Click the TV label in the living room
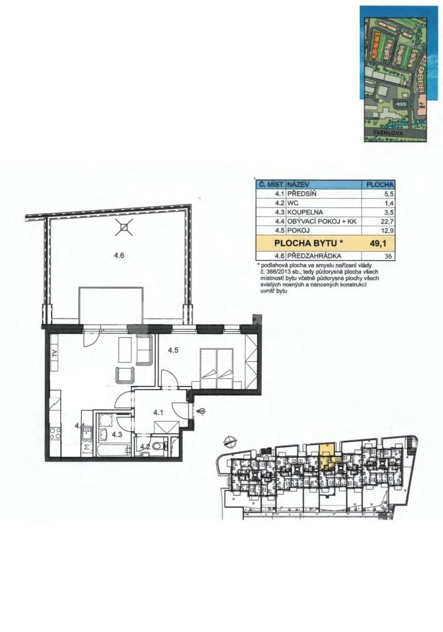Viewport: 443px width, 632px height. pos(54,353)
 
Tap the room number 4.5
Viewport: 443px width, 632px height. pos(174,350)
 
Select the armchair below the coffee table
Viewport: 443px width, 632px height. pos(125,376)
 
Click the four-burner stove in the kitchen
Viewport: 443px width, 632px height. pos(55,435)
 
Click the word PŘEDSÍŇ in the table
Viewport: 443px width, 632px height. pos(303,194)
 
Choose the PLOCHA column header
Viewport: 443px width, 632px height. pos(380,185)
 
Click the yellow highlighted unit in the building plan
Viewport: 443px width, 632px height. pos(327,453)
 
